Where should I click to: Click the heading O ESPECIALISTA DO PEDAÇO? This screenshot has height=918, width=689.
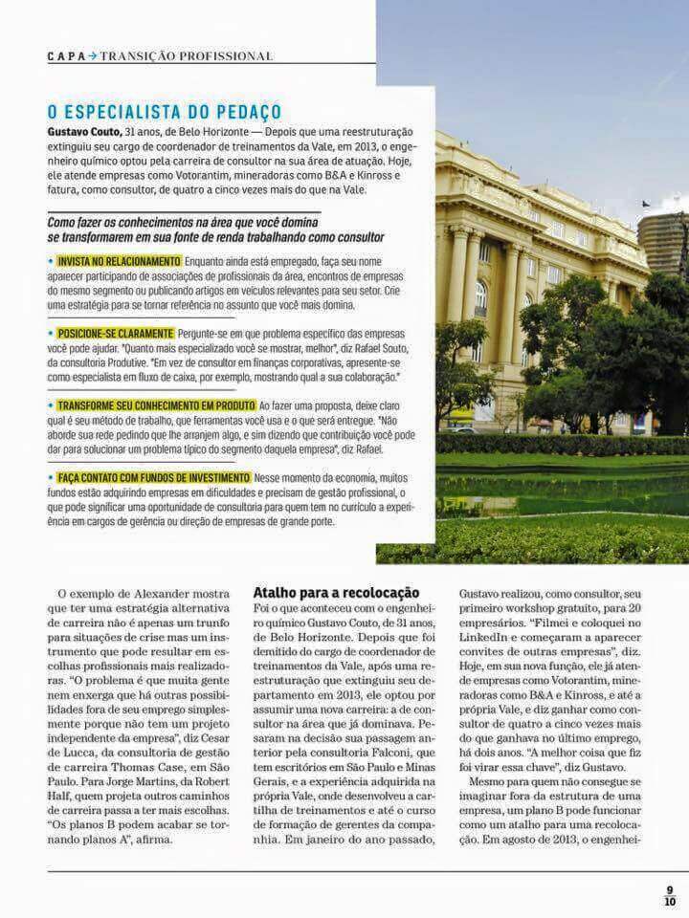click(x=165, y=112)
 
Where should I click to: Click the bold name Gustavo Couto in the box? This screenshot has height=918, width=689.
click(x=83, y=130)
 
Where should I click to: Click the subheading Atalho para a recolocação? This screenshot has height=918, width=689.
click(x=336, y=593)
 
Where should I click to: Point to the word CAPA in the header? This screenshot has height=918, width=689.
click(x=65, y=55)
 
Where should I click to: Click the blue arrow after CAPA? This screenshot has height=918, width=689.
click(x=92, y=55)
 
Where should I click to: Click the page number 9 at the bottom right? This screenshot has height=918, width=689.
click(x=670, y=889)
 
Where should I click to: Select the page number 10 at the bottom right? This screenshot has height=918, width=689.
click(x=670, y=901)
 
